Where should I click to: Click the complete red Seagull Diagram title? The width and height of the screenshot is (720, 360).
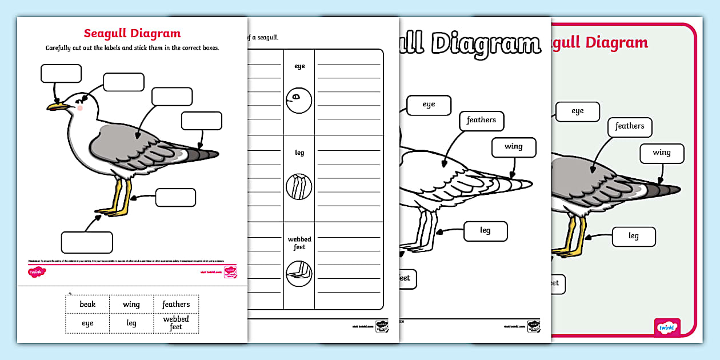point(132,33)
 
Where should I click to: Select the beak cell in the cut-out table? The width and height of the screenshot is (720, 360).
point(87,304)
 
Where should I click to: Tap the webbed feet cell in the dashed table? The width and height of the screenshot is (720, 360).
point(176,323)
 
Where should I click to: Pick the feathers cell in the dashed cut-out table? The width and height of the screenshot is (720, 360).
point(176,304)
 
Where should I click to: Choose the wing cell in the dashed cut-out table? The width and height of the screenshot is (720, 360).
point(131,304)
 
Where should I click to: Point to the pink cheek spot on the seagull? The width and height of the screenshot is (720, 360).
point(80,107)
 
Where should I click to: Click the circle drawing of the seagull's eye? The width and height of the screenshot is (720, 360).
point(298,101)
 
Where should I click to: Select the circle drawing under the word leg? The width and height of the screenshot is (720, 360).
point(299,186)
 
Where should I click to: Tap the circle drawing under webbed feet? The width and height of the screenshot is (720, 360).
point(299,273)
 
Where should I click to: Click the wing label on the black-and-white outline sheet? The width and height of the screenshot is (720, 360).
point(514,147)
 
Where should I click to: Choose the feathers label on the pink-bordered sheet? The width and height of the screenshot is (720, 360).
point(630,126)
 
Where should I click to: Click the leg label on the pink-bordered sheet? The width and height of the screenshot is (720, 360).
point(634,236)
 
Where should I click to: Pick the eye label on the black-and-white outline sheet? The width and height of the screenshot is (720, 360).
point(429,105)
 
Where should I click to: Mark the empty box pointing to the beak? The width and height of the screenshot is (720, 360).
point(61,74)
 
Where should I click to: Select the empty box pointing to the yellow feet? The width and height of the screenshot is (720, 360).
point(87,242)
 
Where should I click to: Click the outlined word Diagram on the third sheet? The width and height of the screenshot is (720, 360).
point(485,43)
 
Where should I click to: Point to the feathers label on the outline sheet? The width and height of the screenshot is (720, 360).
point(481,121)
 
